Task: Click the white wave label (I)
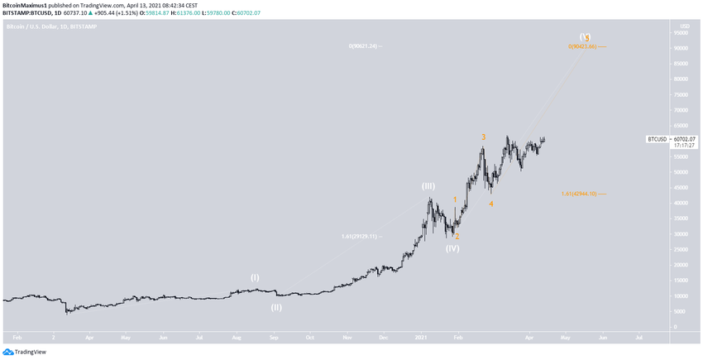(255, 278)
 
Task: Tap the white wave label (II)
(276, 307)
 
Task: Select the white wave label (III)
(428, 186)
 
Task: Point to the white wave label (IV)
(452, 248)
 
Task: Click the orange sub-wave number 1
(455, 199)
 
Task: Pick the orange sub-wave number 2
(457, 237)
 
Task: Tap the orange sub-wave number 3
(483, 137)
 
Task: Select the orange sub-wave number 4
(491, 204)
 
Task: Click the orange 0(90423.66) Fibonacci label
(582, 46)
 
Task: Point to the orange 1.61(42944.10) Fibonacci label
(579, 194)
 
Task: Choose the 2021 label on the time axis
(421, 338)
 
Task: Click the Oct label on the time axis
(309, 338)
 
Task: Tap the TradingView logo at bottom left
(25, 352)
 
